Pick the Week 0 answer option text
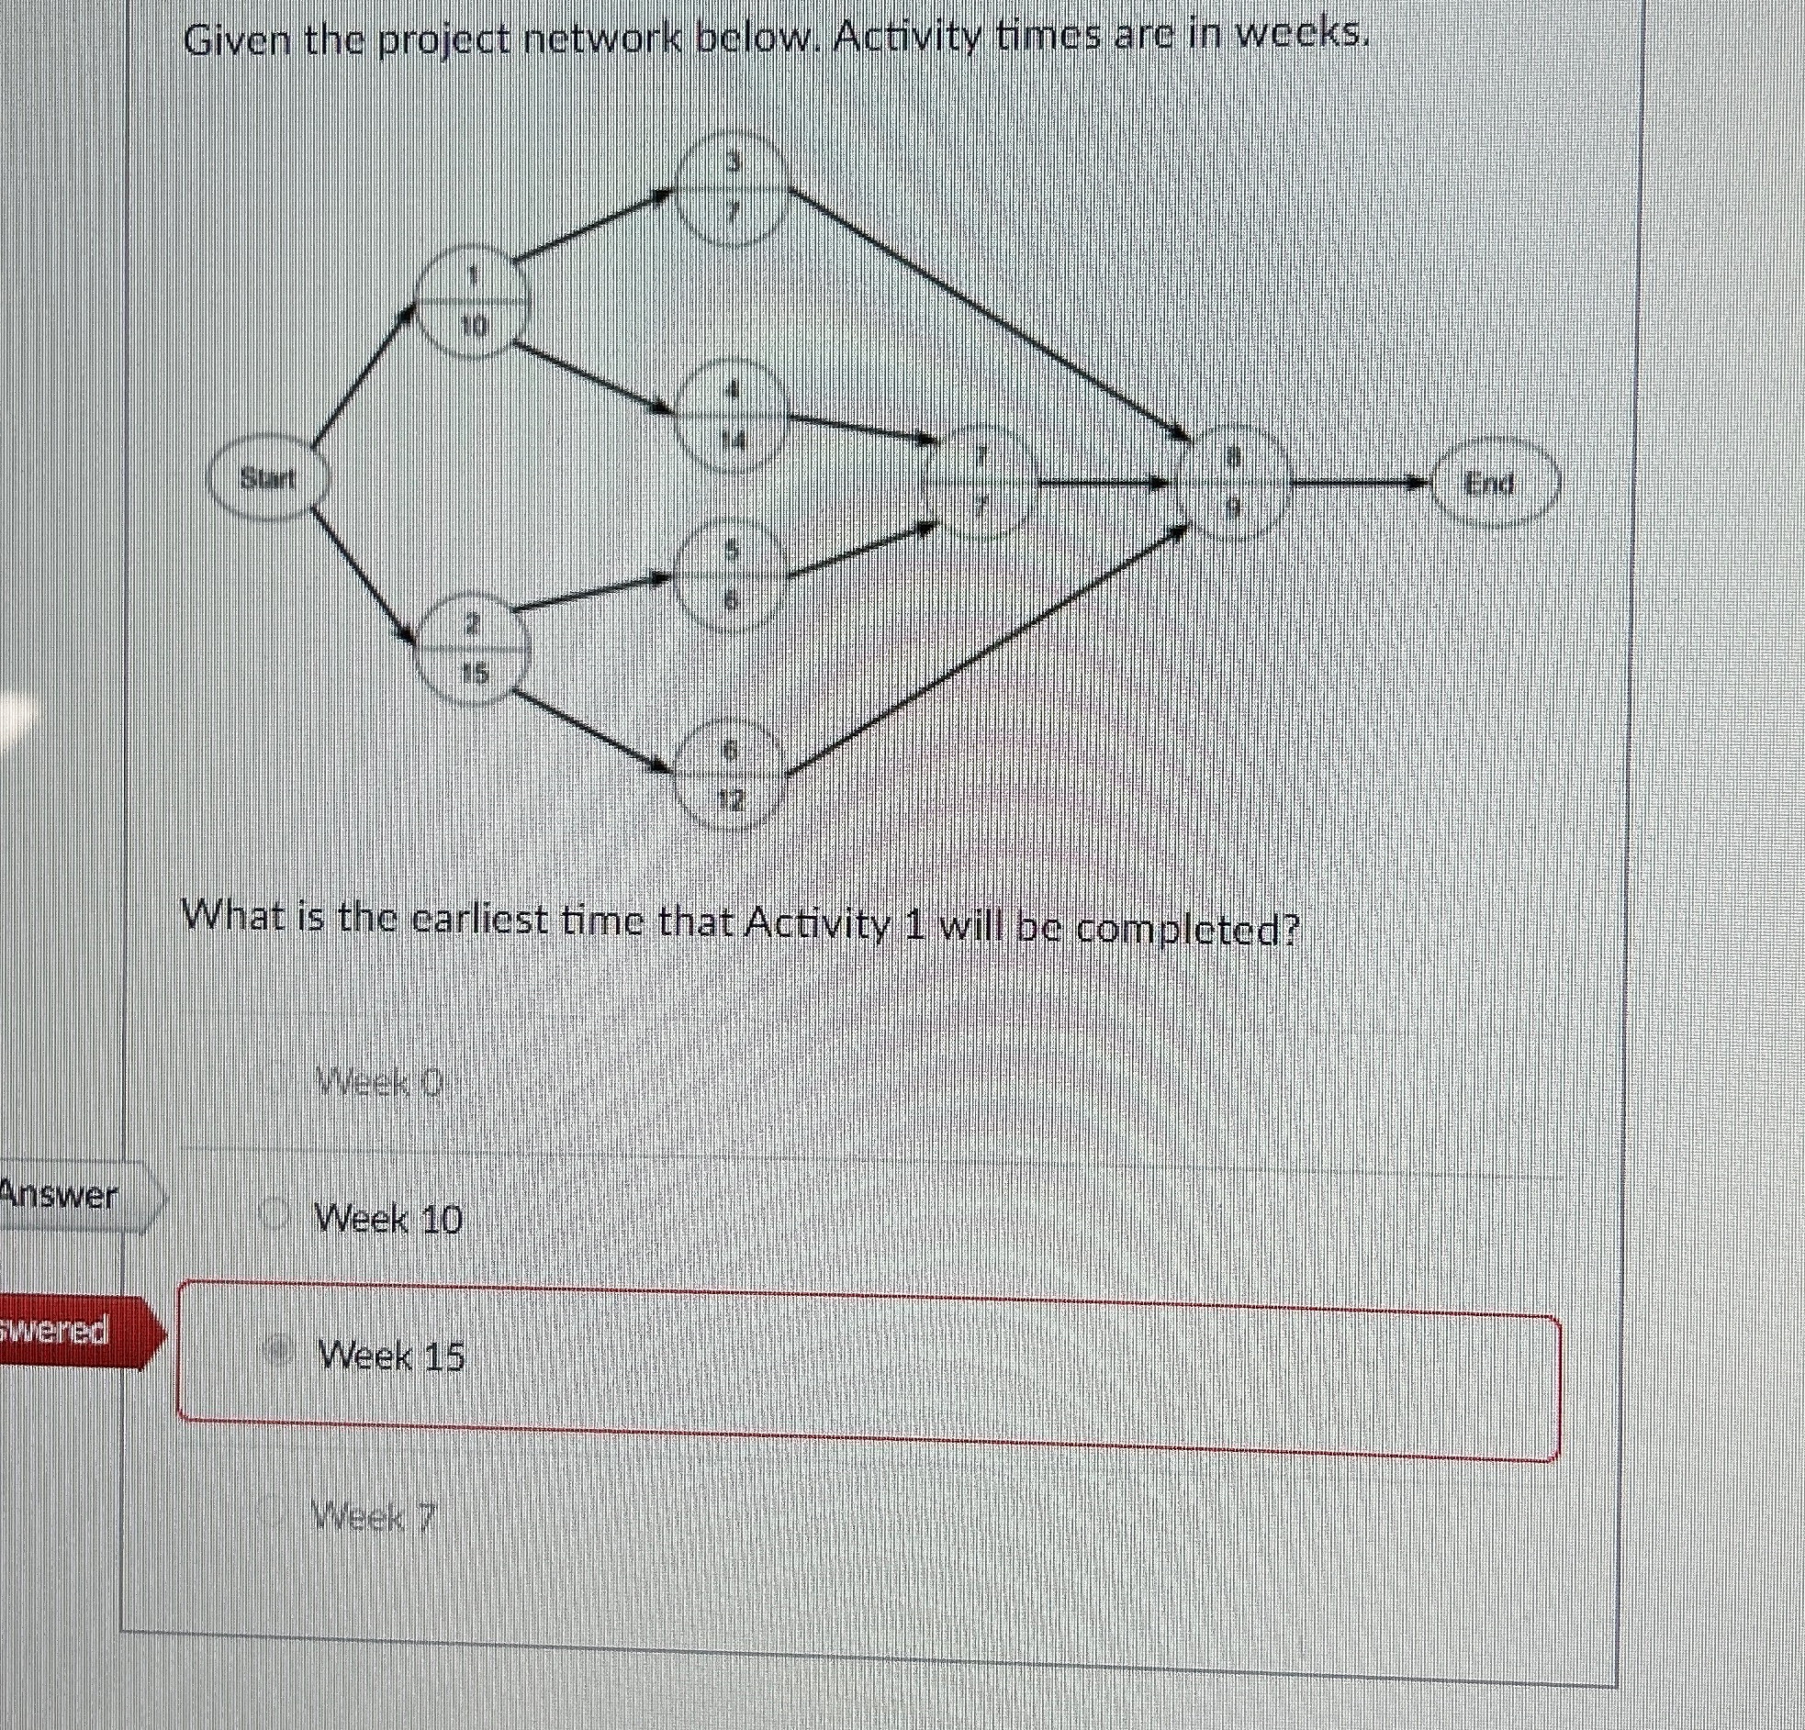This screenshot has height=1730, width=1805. (x=378, y=1085)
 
